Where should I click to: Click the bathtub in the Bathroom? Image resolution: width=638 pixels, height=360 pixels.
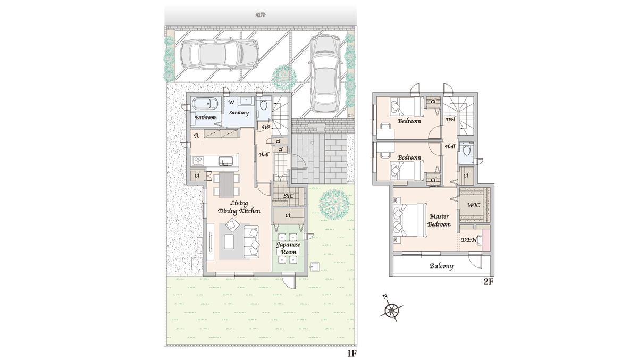point(205,104)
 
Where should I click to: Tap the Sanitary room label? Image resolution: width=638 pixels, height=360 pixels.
point(239,113)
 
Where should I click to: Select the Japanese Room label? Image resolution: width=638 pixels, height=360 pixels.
point(288,248)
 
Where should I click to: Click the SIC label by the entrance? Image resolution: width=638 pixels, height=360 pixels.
point(288,196)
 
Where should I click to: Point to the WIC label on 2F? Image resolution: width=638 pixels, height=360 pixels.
point(474,205)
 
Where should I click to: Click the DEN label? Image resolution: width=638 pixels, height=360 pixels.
point(468,240)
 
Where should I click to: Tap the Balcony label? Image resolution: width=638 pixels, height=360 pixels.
point(441,266)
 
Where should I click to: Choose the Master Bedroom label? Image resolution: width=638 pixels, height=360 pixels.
point(439,220)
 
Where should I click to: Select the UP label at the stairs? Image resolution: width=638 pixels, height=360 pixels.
point(266,127)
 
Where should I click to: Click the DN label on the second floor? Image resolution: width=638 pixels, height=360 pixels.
point(450,119)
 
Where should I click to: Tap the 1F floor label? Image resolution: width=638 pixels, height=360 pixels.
point(352,354)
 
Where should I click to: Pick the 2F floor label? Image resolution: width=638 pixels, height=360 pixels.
point(489,282)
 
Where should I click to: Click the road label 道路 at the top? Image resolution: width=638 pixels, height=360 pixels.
point(261,15)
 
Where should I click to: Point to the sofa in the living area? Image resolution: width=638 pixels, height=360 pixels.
point(251,242)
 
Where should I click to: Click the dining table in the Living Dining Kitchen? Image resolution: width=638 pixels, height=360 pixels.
point(226,185)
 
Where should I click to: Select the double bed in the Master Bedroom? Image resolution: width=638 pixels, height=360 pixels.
point(410,220)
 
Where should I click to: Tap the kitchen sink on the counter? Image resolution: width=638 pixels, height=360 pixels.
point(225,161)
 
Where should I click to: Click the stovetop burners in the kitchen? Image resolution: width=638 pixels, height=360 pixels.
point(198,161)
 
